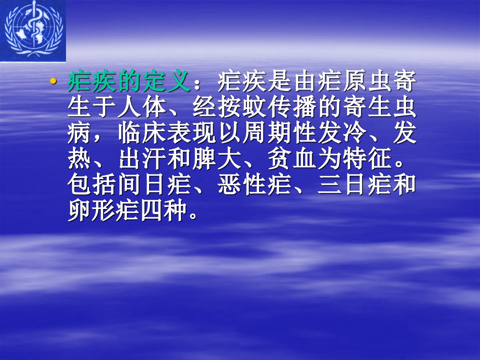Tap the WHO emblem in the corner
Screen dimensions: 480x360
click(x=33, y=31)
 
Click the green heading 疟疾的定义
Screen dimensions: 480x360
click(x=129, y=81)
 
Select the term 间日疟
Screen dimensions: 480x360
click(x=154, y=184)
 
